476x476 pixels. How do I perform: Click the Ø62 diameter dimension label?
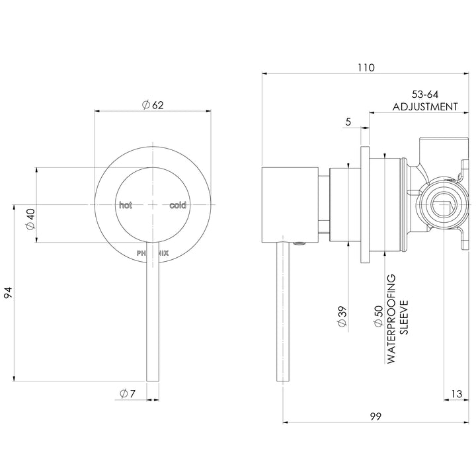153,105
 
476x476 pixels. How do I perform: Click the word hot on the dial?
125,206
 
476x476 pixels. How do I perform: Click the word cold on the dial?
178,206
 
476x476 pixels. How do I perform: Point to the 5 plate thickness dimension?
348,121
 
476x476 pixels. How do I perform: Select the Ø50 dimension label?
378,316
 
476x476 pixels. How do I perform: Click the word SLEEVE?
404,316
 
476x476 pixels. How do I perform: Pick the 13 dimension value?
456,394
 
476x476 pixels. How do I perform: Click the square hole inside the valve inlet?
441,206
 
